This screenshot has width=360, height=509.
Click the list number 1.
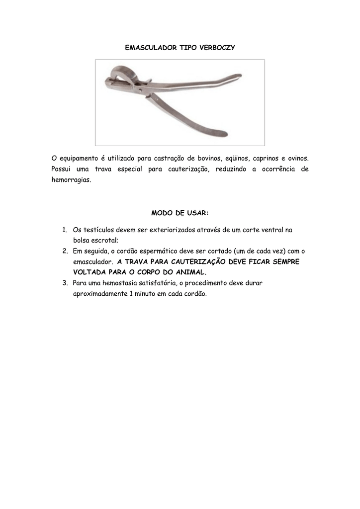click(65, 230)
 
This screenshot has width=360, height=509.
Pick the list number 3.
click(65, 283)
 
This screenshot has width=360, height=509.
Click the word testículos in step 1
click(98, 230)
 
